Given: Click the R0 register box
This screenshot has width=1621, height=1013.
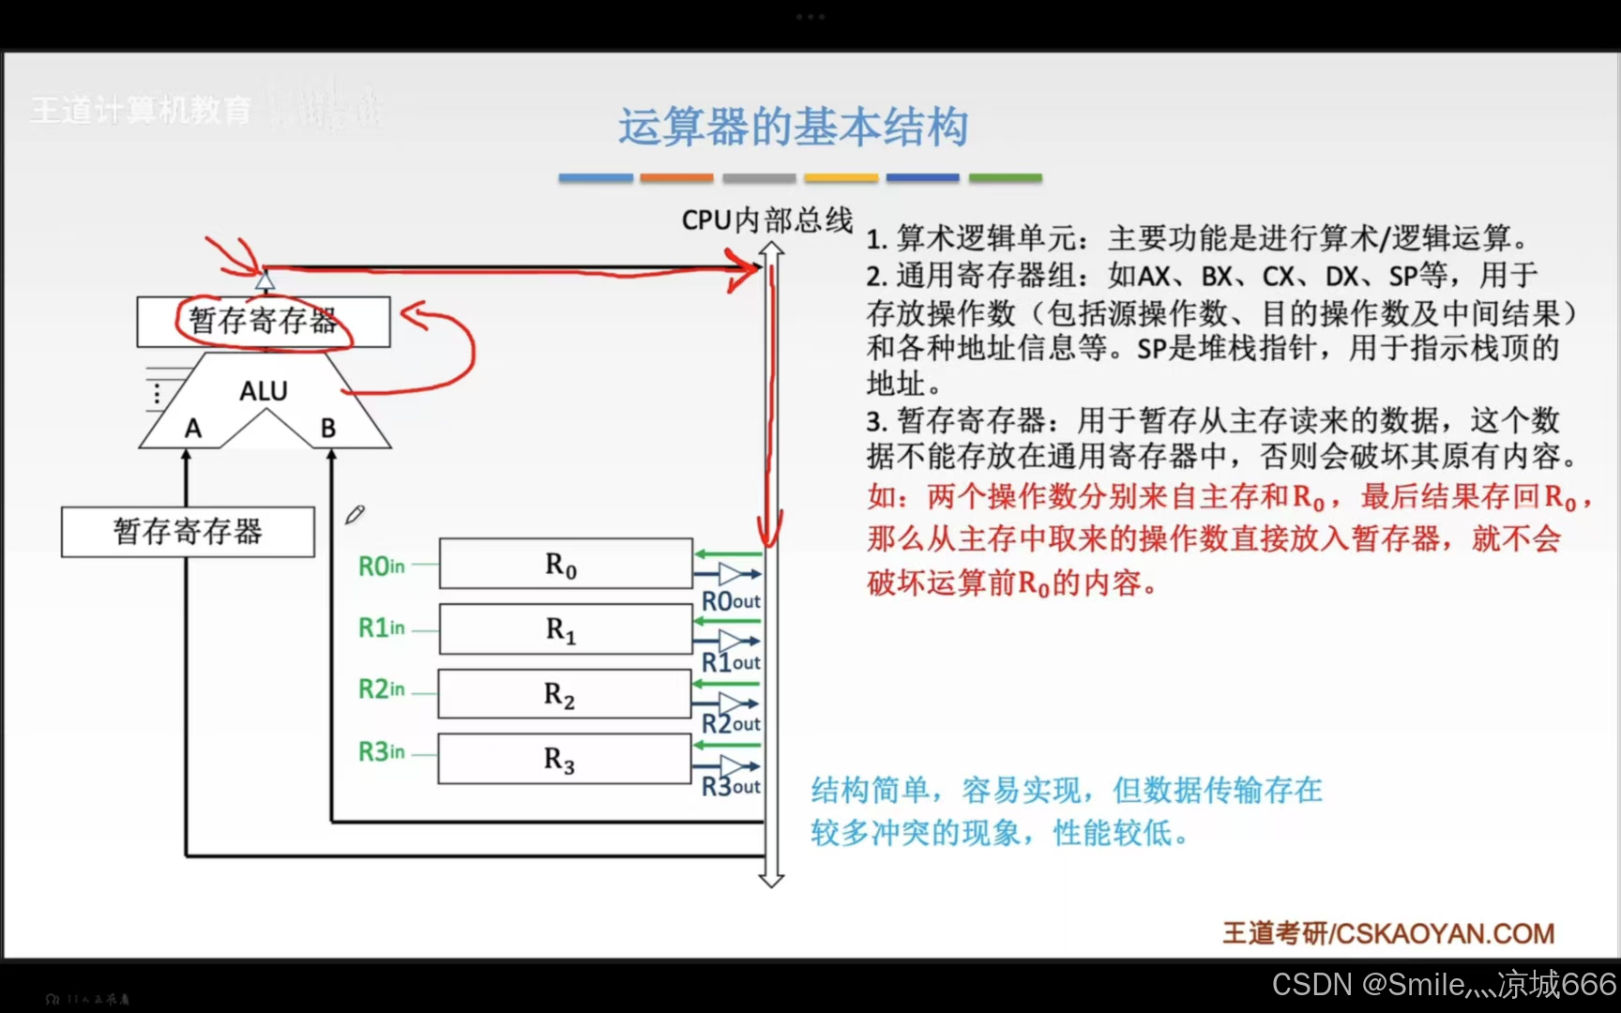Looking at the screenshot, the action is (566, 564).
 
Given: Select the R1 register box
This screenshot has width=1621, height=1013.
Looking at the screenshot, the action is (566, 628).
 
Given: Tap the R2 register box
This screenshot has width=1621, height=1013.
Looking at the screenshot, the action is (564, 694).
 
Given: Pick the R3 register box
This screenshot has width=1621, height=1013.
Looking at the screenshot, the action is (564, 759).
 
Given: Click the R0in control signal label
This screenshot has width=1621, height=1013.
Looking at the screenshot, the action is (382, 566).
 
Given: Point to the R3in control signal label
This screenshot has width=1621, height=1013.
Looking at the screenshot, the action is (382, 751).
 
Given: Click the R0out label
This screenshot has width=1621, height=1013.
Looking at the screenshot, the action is (731, 600).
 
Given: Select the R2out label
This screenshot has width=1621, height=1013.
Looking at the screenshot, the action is (731, 723).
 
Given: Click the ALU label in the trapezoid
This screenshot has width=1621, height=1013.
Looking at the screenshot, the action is (264, 390).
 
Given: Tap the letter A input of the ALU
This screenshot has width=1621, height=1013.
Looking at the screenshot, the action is (193, 429).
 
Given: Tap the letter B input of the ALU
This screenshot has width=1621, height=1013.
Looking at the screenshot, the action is (328, 429).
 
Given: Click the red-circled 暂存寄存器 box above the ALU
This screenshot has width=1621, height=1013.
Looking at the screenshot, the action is (264, 322).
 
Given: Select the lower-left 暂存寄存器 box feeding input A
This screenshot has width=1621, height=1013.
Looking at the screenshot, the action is (188, 532).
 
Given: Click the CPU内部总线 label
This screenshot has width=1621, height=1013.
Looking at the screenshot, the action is (766, 220).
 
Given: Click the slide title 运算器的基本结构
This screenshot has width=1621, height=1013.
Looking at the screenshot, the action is (793, 127).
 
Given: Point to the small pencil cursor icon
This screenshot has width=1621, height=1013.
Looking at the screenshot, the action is (355, 514).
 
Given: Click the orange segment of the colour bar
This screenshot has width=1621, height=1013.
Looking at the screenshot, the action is (676, 177).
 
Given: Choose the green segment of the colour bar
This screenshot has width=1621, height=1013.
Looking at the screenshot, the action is (1005, 177).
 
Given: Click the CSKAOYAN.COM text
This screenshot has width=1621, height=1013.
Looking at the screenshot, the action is (1445, 933).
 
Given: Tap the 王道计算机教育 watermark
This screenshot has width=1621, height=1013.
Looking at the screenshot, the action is (141, 111).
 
